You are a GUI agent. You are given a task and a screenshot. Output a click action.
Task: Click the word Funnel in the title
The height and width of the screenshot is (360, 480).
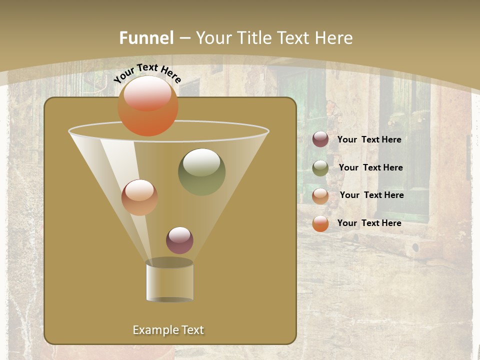(146, 38)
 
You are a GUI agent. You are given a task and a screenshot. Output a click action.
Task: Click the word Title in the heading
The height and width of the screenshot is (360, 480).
(253, 38)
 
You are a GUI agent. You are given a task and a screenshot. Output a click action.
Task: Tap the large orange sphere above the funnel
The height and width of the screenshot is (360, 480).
(147, 105)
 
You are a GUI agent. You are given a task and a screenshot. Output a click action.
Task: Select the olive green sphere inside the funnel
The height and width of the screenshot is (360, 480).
(201, 171)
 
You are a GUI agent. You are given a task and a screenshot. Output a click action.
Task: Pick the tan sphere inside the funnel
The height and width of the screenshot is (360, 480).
(139, 197)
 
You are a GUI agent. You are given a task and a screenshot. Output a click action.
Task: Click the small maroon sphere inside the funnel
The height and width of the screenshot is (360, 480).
(179, 240)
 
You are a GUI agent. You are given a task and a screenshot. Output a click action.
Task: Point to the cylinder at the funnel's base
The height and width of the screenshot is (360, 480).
(169, 281)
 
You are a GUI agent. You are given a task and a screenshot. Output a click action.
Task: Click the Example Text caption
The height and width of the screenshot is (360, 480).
(168, 330)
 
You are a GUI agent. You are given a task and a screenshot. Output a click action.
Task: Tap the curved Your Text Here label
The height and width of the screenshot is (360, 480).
(147, 72)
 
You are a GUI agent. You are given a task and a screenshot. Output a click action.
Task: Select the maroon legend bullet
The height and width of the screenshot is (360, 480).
(320, 139)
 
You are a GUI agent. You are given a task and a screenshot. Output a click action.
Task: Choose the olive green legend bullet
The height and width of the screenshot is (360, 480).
(320, 167)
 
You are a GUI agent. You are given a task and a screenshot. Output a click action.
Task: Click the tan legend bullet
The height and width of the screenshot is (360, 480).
(320, 195)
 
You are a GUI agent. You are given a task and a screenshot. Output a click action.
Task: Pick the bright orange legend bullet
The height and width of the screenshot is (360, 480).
(320, 223)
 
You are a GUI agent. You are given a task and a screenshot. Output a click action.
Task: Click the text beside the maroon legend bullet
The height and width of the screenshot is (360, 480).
(369, 139)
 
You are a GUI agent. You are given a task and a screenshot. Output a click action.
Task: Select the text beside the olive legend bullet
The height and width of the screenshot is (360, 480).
(370, 167)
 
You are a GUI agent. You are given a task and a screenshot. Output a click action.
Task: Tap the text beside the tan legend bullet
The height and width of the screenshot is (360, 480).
(371, 195)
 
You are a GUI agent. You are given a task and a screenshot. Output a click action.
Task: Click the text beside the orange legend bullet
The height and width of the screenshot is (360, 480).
(369, 223)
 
